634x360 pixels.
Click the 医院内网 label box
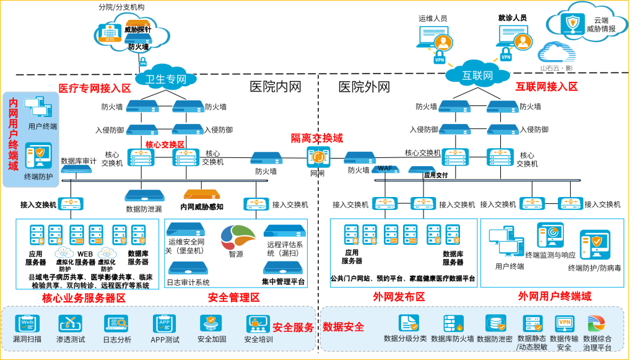point(275,87)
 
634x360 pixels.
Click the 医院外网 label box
point(364,87)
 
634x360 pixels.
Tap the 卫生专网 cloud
point(165,78)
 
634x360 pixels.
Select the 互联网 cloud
point(477,75)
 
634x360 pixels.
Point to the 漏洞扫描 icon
point(27,323)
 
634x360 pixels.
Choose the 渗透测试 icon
point(71,323)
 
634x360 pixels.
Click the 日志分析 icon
point(116,323)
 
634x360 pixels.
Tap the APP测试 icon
point(164,323)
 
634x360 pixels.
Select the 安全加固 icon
point(211,323)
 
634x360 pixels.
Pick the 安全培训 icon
point(258,323)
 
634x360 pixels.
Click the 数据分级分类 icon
point(408,323)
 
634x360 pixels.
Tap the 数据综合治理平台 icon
point(597,323)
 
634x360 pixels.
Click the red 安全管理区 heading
point(233,297)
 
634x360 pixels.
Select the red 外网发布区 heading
point(399,297)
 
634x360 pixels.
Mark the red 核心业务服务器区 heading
point(84,298)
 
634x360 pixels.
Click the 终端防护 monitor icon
point(39,156)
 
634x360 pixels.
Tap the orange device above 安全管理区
point(202,194)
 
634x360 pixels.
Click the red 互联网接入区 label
point(547,87)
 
